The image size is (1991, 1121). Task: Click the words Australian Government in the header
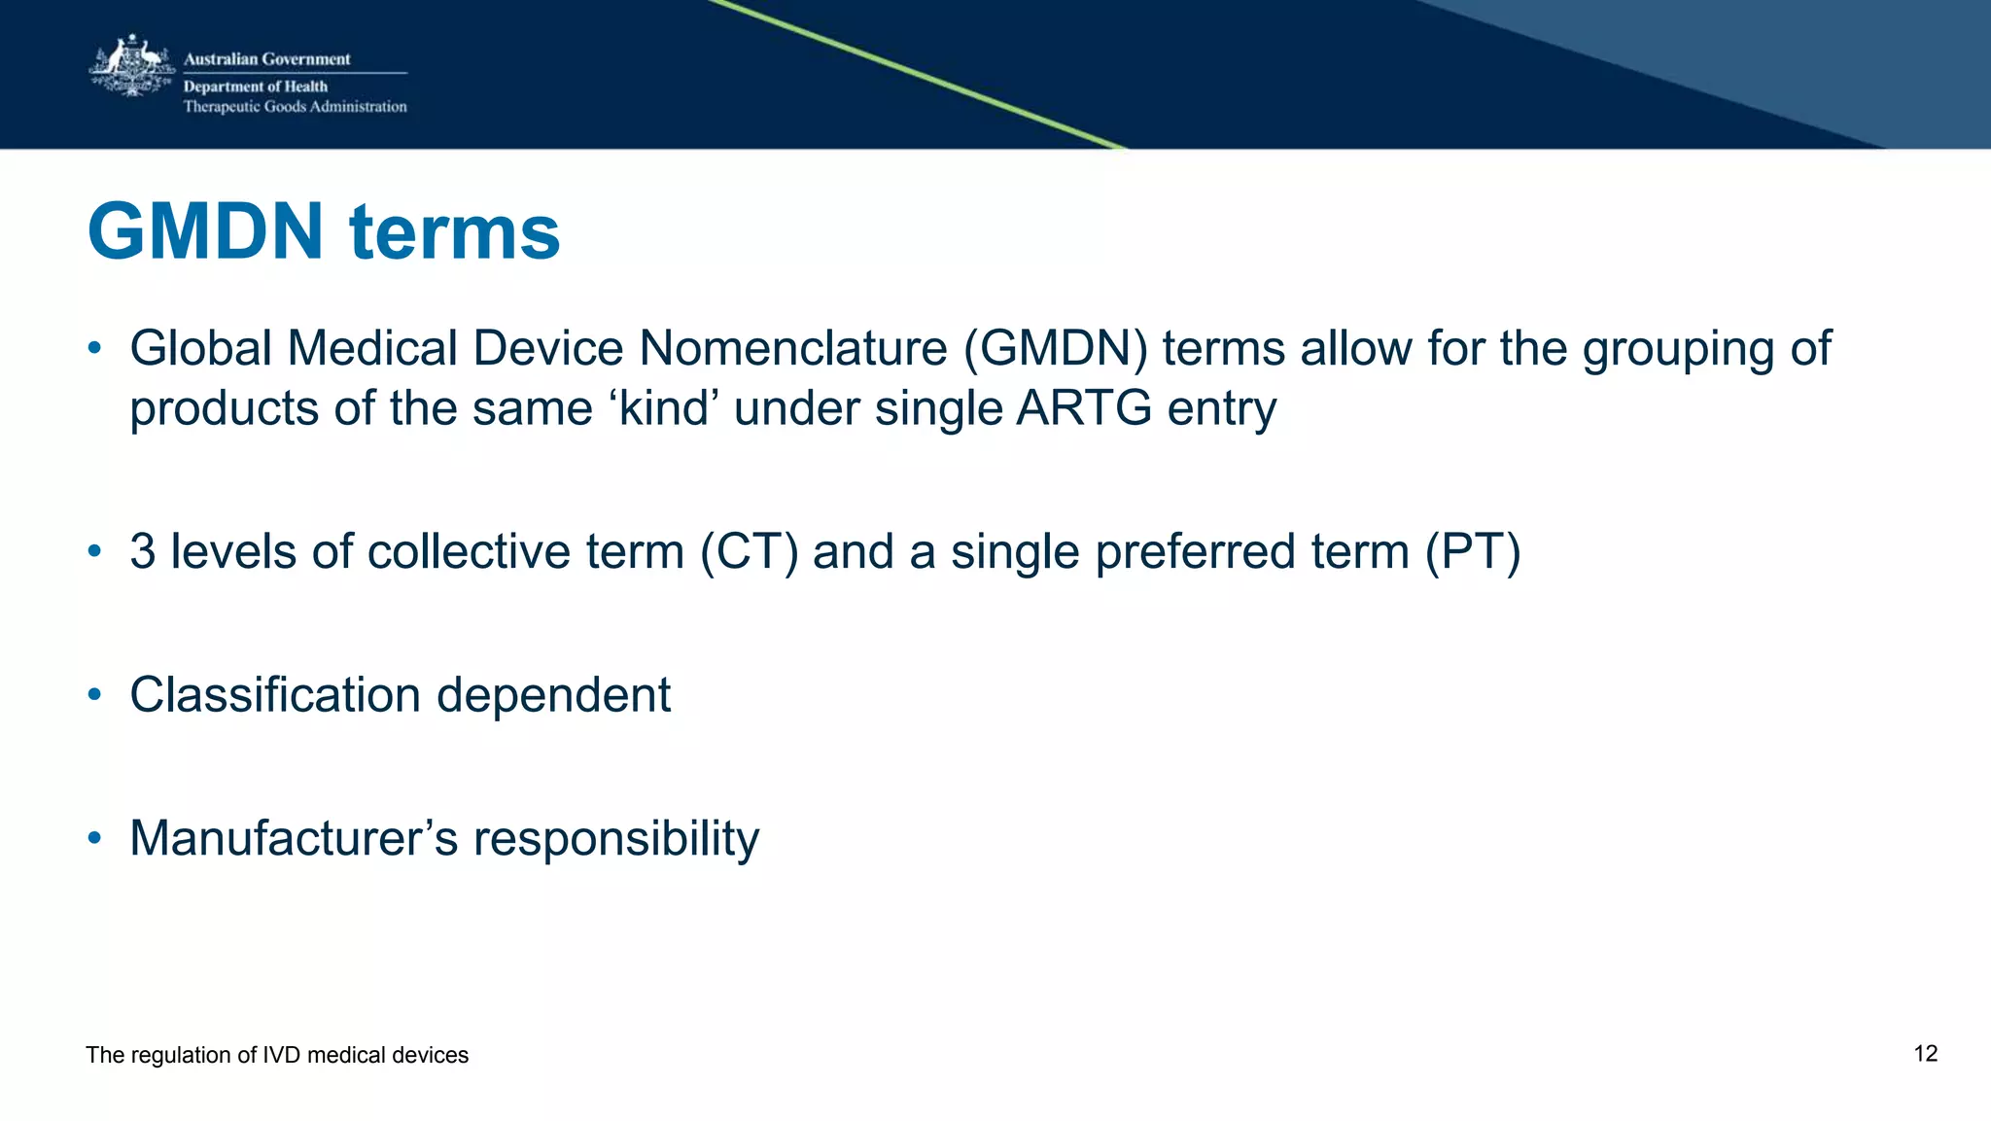coord(266,59)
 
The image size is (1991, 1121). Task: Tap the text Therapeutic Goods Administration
coord(295,107)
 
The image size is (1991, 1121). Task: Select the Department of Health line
coord(256,87)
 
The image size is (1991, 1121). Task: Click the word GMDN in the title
coord(205,232)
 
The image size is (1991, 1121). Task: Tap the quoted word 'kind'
coord(664,408)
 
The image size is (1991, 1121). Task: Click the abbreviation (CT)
coord(749,551)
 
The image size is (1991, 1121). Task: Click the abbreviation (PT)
coord(1472,551)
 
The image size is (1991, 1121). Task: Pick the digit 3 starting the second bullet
coord(143,551)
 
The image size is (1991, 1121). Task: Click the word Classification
coord(275,695)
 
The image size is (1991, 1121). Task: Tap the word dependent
coord(553,695)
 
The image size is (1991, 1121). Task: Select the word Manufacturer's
coord(294,838)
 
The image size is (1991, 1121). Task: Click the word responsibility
coord(615,838)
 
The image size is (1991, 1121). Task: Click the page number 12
coord(1925,1054)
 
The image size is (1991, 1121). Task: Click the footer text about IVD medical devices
coord(277,1055)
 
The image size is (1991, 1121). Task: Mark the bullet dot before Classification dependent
coord(94,694)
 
